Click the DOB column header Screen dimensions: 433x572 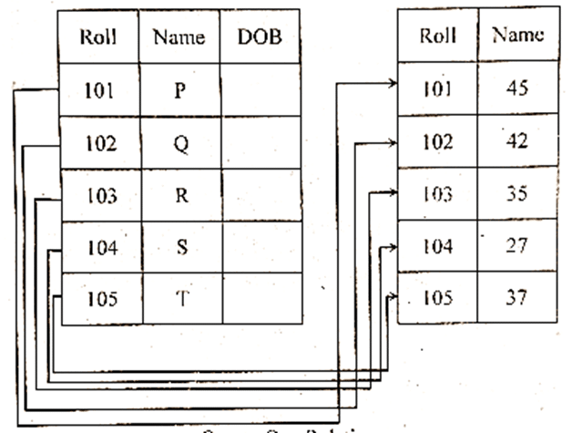click(259, 37)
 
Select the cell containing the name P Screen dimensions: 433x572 click(179, 91)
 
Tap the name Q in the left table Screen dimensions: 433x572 click(179, 143)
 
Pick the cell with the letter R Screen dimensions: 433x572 click(179, 195)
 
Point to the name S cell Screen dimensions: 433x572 click(179, 247)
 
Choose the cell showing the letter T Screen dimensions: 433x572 click(179, 298)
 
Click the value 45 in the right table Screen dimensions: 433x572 click(517, 89)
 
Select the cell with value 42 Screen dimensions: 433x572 click(517, 141)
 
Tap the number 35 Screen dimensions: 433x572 click(517, 193)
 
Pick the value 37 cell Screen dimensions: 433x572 click(517, 296)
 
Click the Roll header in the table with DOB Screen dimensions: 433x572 click(98, 37)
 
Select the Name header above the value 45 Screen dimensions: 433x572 click(517, 36)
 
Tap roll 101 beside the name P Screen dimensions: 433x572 click(98, 91)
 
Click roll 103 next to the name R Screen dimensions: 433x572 click(98, 195)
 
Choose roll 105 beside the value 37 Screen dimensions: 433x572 click(438, 296)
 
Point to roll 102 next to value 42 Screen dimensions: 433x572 click(438, 141)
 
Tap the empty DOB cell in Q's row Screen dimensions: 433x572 click(259, 143)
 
